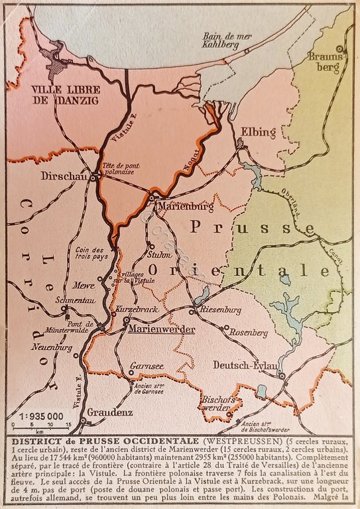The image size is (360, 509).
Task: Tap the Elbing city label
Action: (x=255, y=131)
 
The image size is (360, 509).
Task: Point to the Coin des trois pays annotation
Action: (x=92, y=254)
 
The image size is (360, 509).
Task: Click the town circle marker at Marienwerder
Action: (x=125, y=320)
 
